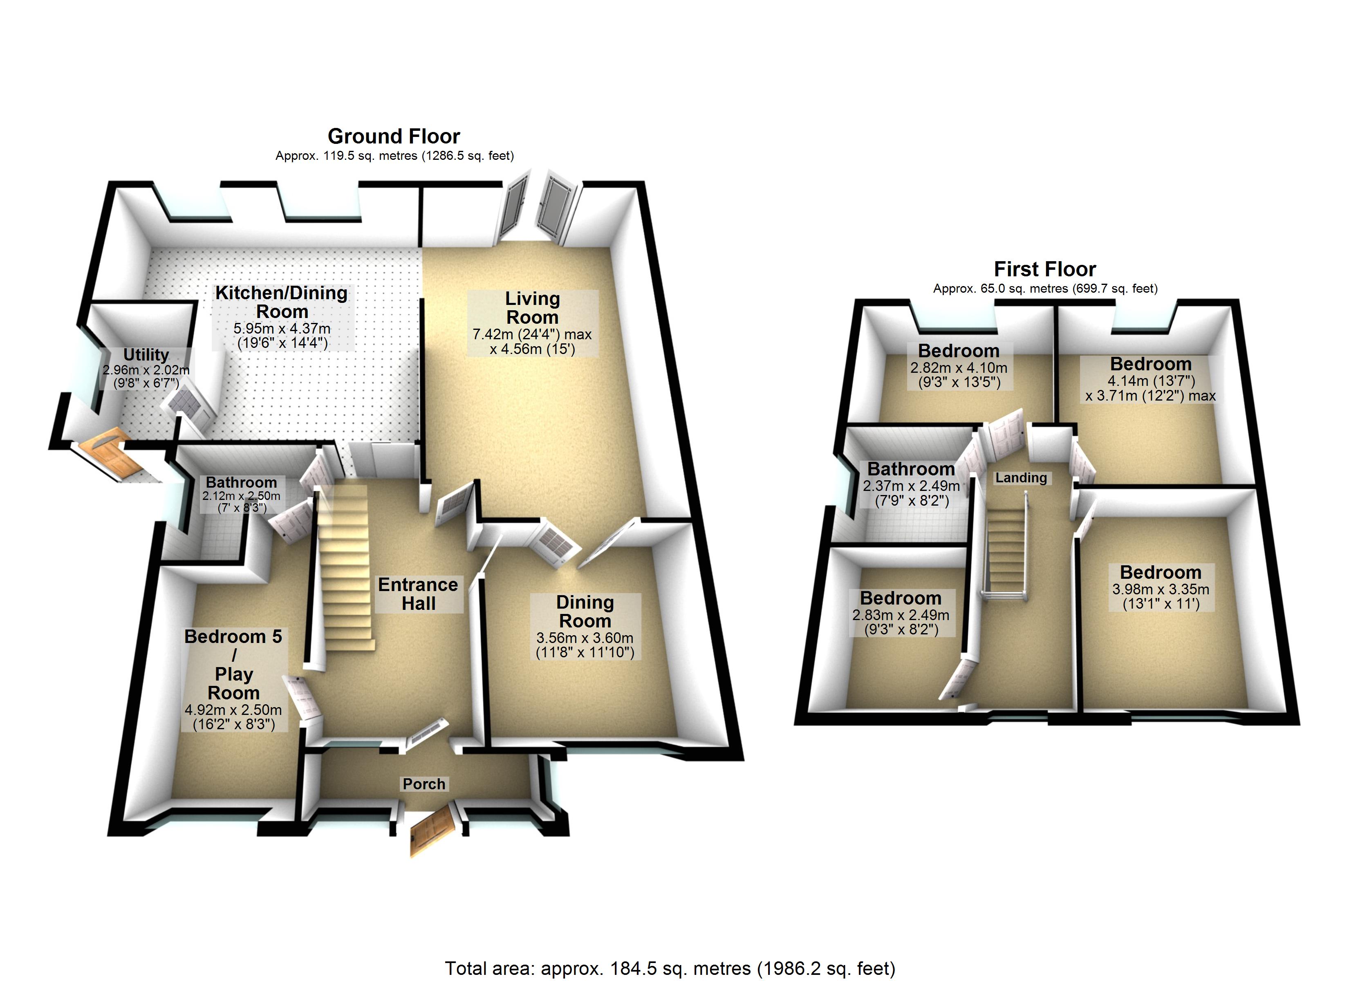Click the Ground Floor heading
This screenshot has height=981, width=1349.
(x=394, y=136)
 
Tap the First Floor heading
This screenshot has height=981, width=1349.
(x=1044, y=269)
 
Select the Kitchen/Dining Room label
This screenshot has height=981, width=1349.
(x=281, y=302)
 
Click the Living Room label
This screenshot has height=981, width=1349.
(x=532, y=307)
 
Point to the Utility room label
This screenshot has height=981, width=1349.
(x=146, y=354)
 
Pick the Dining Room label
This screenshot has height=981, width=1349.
(x=585, y=611)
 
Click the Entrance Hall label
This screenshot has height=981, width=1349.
(x=418, y=594)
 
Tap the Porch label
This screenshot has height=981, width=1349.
(x=424, y=784)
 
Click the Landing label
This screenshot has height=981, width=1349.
(x=1021, y=478)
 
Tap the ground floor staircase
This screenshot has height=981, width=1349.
(x=345, y=568)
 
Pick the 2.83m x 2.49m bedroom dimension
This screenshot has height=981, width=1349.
(x=901, y=622)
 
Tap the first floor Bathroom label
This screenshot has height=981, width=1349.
(x=911, y=469)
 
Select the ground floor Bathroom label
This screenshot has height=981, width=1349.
(x=241, y=482)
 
